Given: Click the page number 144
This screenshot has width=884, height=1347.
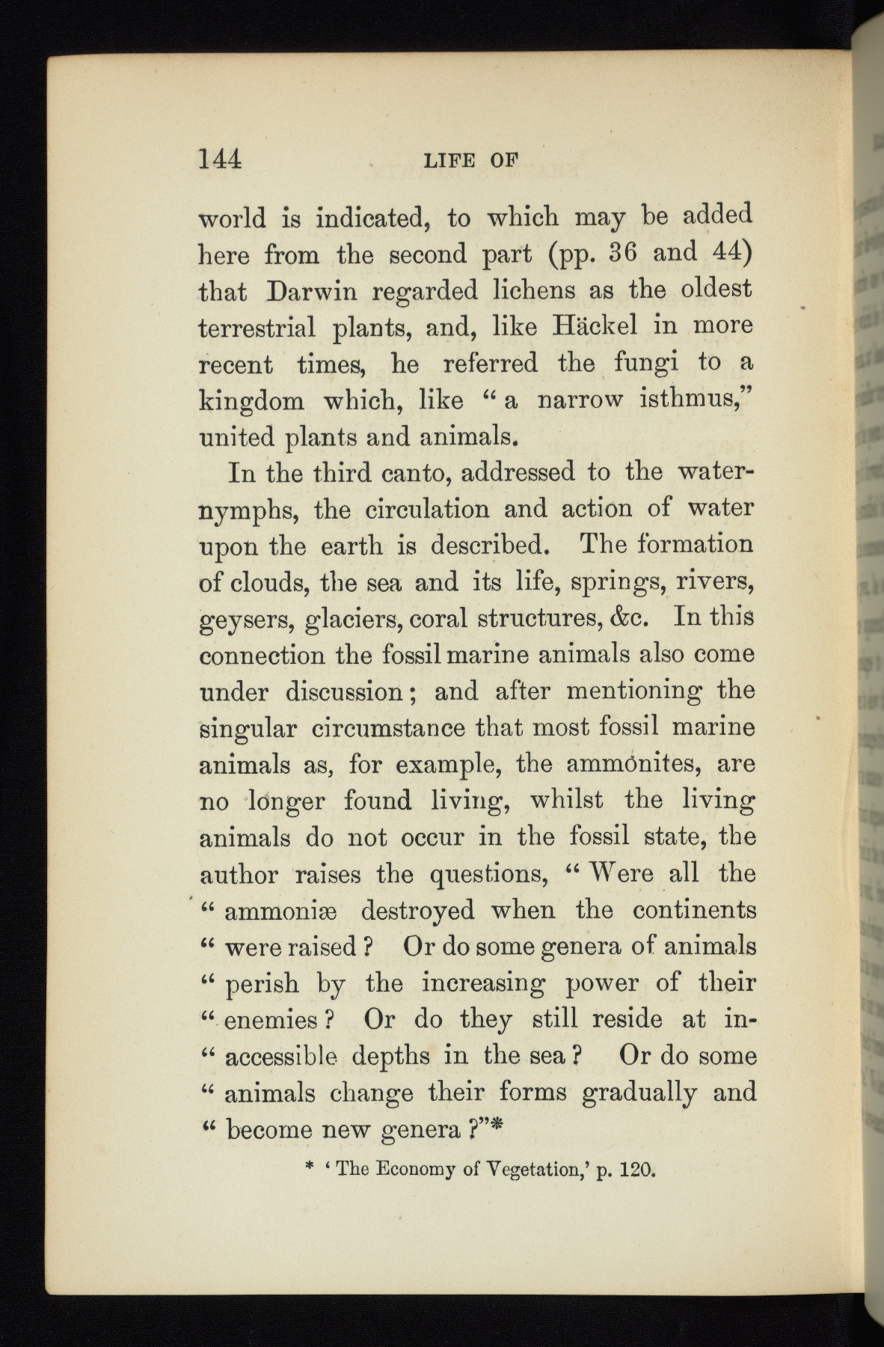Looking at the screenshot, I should pyautogui.click(x=220, y=159).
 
